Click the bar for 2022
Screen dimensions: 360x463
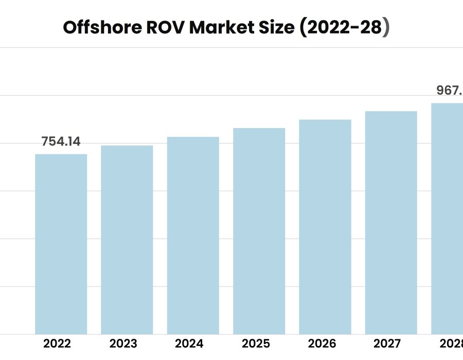(x=61, y=244)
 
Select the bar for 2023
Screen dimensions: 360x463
(x=127, y=240)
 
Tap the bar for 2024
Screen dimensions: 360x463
(x=193, y=236)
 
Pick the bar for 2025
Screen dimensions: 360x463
(x=259, y=231)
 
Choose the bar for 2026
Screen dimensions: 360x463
(x=325, y=227)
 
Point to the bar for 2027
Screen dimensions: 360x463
(x=391, y=223)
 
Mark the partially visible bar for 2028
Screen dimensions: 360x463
(x=447, y=219)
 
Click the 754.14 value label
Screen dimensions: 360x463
(x=61, y=142)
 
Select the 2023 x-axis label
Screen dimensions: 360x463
(x=123, y=344)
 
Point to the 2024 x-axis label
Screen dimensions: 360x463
(x=189, y=344)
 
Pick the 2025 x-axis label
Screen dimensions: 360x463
(x=256, y=344)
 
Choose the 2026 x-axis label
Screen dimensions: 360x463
(x=322, y=344)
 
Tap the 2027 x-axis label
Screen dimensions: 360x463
(x=388, y=344)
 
